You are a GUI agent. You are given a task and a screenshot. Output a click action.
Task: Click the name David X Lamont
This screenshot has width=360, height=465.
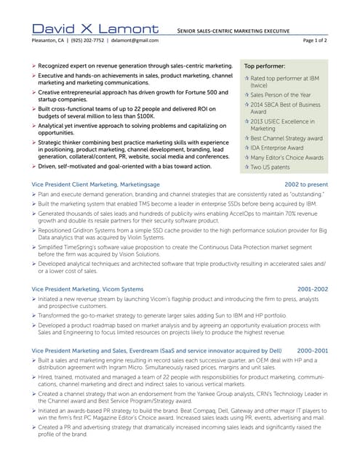pos(95,28)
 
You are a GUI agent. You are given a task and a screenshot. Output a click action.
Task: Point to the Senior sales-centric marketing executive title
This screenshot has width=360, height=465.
pos(232,31)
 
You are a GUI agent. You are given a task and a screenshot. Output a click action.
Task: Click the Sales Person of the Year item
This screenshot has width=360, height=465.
pos(281,94)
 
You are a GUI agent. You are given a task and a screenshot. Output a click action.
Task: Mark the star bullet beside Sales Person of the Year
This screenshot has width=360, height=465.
pos(246,94)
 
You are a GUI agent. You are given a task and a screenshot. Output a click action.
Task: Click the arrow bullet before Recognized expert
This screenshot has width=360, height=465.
pos(34,65)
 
